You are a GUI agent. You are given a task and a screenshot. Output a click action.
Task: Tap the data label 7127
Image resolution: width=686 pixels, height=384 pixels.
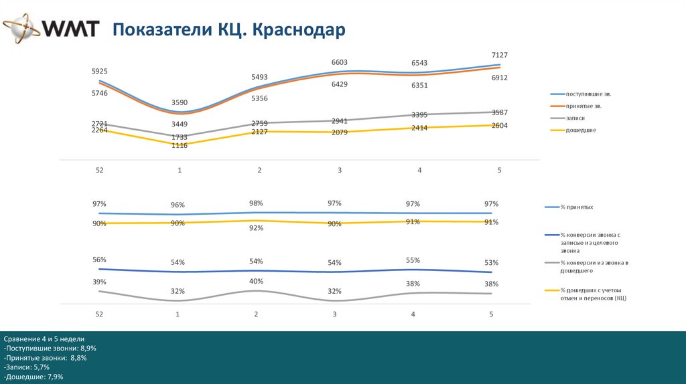point(500,54)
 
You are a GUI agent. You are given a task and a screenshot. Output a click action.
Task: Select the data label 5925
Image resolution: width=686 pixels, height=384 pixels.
point(100,71)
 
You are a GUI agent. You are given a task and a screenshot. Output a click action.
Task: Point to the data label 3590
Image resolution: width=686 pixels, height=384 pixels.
point(180,102)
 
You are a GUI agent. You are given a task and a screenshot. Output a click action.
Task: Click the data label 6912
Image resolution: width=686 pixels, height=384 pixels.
point(500,78)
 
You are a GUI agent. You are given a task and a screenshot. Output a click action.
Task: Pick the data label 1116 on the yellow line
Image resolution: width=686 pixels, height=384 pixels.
point(180,145)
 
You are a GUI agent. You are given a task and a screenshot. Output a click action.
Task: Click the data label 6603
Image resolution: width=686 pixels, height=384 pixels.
point(340,62)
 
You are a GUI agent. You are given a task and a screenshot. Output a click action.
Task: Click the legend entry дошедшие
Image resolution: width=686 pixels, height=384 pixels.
point(581,130)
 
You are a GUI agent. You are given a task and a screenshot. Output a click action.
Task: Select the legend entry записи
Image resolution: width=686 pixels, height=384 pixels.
point(575,118)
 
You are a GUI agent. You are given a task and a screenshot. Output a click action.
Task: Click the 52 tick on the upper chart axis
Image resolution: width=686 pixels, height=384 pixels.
point(99,171)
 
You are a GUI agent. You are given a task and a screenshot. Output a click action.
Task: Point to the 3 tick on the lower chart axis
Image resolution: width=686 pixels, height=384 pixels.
point(335,314)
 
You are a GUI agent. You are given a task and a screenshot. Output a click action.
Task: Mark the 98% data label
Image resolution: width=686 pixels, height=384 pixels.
point(256,203)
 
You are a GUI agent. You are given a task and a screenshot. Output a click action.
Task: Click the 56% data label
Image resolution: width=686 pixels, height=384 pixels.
point(100,259)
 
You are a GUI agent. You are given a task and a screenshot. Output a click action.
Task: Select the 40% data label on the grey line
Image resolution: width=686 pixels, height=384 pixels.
point(256,281)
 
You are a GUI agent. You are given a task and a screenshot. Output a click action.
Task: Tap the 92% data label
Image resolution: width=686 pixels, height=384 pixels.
point(256,228)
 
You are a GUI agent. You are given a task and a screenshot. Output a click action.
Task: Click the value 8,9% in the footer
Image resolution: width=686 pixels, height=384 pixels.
point(86,349)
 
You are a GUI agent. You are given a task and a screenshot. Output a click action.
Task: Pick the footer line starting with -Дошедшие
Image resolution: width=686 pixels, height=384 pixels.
point(33,377)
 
